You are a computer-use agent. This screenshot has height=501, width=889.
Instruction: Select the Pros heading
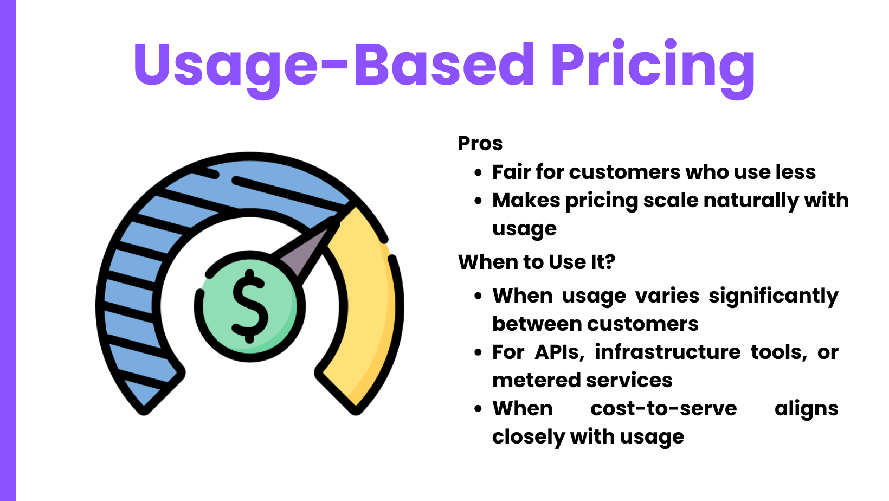[x=480, y=143]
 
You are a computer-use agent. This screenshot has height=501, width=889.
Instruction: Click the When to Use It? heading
[x=537, y=262]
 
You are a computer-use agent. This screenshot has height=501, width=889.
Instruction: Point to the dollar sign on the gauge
[x=249, y=306]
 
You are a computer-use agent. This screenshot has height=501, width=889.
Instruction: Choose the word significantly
[x=774, y=297]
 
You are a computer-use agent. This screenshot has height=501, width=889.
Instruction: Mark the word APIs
[x=559, y=352]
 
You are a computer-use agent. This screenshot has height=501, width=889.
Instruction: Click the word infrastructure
[x=667, y=352]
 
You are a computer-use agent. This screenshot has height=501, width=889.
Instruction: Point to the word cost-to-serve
[x=663, y=408]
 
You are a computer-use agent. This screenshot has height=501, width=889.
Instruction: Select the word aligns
[x=807, y=409]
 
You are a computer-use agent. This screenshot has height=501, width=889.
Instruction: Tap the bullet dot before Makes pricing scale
[x=478, y=201]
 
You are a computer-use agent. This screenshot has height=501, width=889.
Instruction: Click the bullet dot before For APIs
[x=478, y=352]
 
